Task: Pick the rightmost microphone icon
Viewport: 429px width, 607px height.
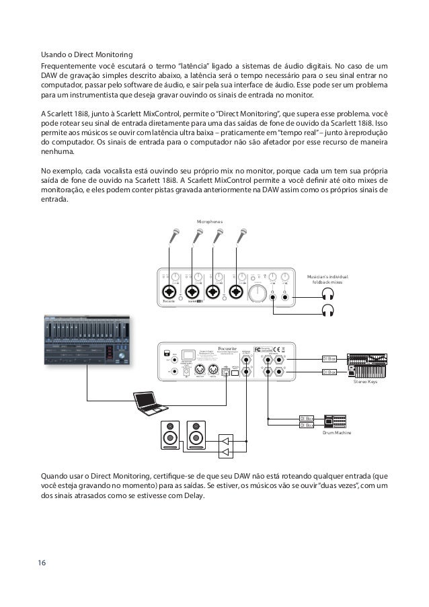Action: point(243,236)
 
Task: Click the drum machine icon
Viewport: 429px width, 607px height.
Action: point(336,421)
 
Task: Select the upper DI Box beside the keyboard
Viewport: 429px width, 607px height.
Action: point(329,360)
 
